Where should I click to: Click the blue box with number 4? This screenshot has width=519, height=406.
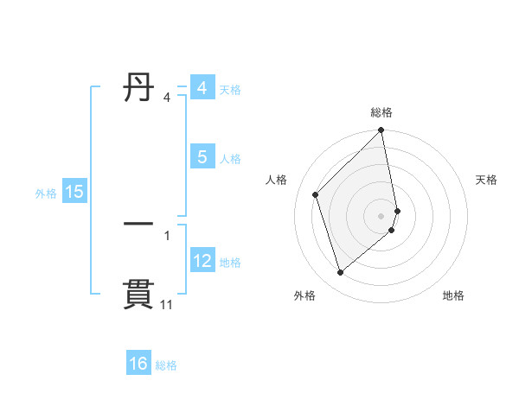click(x=202, y=88)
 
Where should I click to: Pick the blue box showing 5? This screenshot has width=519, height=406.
click(x=202, y=157)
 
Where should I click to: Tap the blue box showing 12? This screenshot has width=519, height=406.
click(x=202, y=261)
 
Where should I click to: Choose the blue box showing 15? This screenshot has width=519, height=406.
click(x=74, y=192)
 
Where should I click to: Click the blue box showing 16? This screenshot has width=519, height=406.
click(x=138, y=364)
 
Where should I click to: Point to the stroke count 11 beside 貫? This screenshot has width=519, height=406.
click(x=166, y=305)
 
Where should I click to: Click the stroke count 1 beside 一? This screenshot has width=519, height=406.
click(x=167, y=235)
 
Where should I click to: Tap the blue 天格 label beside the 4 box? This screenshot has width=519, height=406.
click(x=230, y=89)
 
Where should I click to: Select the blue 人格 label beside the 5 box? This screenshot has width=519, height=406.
click(x=230, y=158)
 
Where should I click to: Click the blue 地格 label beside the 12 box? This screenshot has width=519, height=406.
click(x=230, y=262)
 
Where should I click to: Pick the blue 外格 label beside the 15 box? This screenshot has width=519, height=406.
click(x=46, y=193)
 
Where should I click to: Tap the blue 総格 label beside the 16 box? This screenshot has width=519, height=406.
click(x=166, y=365)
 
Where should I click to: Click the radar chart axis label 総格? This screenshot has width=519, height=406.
click(x=381, y=112)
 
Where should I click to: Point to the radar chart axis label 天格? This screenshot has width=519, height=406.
click(x=486, y=180)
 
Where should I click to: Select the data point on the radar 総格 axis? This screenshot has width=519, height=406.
click(x=381, y=131)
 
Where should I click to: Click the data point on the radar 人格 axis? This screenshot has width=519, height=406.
click(x=316, y=194)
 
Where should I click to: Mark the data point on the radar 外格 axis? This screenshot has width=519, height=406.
click(x=341, y=272)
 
